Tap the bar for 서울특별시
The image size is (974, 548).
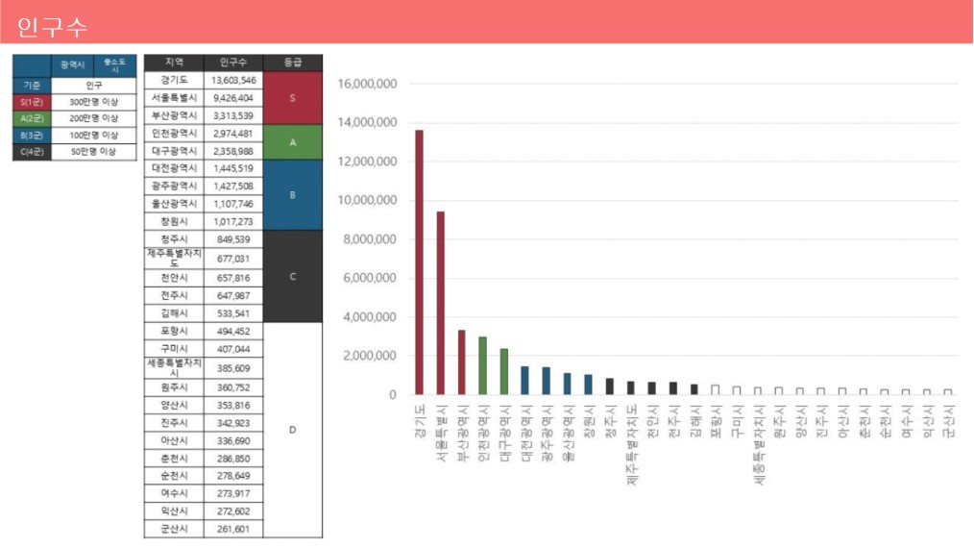click(x=440, y=303)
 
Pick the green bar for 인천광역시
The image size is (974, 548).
click(x=482, y=365)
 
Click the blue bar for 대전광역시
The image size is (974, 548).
click(x=524, y=380)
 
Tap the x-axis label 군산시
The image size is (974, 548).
click(x=948, y=421)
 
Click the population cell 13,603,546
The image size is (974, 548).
click(x=233, y=80)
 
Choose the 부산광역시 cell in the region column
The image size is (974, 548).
click(x=174, y=115)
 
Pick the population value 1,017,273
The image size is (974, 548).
click(x=233, y=221)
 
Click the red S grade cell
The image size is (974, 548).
click(x=292, y=98)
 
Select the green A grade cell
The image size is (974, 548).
click(x=292, y=142)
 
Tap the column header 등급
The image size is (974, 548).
click(x=292, y=62)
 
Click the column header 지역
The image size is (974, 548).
click(x=174, y=62)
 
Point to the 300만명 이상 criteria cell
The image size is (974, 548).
click(x=94, y=102)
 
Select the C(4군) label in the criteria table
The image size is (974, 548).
click(x=32, y=152)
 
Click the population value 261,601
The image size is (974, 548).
click(x=233, y=529)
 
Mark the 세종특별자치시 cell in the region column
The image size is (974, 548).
click(x=174, y=367)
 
